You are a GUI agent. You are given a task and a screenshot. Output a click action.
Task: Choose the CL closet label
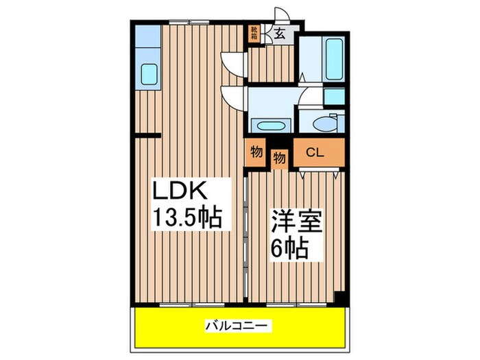pos(316,153)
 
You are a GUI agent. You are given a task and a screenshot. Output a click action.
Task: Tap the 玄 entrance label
pos(280,32)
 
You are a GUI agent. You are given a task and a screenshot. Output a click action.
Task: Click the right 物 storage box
pos(279,158)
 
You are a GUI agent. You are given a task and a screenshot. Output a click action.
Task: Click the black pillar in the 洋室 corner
pos(338,298)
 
